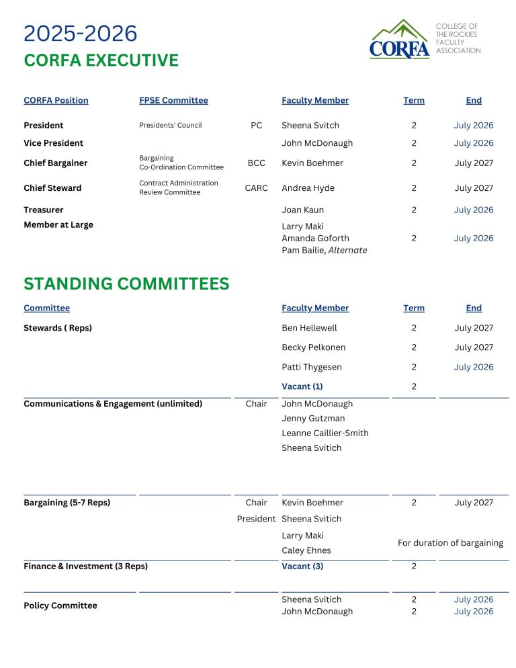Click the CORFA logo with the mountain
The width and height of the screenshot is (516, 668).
tap(399, 40)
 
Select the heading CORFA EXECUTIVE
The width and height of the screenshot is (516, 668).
tap(101, 60)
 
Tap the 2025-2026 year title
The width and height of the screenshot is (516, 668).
tap(80, 33)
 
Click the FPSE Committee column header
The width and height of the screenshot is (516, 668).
tap(173, 100)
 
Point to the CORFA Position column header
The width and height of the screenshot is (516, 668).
tap(56, 100)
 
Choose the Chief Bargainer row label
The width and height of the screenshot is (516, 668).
tap(55, 163)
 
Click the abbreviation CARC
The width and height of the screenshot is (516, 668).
tap(256, 188)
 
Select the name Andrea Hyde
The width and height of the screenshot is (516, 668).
tap(308, 188)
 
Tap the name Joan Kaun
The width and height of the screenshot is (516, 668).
tap(302, 210)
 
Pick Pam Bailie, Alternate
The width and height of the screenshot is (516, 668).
tap(325, 250)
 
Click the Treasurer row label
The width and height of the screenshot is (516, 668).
tap(44, 210)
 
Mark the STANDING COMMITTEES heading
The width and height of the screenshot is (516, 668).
tap(126, 284)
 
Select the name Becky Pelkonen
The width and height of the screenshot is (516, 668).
tap(312, 347)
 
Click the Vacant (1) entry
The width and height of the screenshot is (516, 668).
tap(302, 386)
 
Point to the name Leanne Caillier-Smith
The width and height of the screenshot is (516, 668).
tap(325, 433)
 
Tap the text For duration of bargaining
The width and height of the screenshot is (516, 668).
tap(450, 543)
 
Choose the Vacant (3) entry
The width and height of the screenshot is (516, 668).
tap(302, 567)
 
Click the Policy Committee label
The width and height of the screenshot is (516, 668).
tap(60, 606)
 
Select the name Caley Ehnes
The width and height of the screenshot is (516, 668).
tap(306, 550)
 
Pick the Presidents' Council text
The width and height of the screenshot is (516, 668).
tap(171, 125)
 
